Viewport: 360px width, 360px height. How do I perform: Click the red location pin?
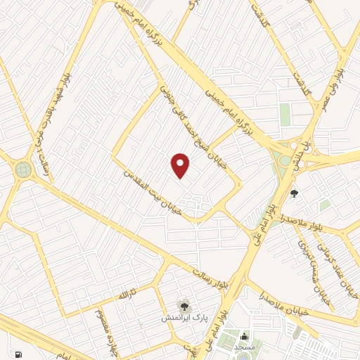(181, 165)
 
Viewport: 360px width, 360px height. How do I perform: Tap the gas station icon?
(18, 354)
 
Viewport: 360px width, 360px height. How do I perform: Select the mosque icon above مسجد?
(244, 336)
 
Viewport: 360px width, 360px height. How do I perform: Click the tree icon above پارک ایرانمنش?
(184, 305)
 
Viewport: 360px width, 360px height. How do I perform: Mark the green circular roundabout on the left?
(23, 169)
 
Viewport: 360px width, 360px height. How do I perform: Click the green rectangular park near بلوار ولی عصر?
(285, 115)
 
